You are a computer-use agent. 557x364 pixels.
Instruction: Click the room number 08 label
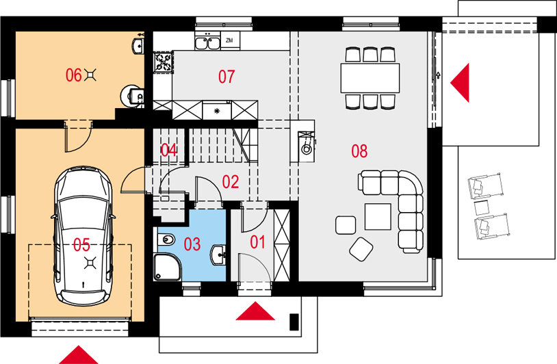(359, 151)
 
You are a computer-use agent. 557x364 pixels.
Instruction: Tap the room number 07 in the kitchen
(226, 77)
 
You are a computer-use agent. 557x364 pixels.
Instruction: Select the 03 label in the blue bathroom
(192, 244)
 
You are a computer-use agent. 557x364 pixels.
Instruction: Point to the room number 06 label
(73, 75)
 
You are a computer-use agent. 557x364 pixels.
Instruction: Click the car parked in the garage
(83, 236)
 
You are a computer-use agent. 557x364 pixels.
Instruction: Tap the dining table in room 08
(370, 78)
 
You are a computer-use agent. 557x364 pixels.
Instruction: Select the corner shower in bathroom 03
(167, 267)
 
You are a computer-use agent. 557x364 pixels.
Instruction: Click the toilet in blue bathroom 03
(166, 239)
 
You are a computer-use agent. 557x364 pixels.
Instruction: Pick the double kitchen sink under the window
(207, 43)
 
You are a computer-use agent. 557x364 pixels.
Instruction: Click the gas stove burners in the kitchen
(164, 62)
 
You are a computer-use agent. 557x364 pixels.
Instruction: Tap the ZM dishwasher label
(229, 40)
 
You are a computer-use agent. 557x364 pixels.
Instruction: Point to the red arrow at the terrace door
(460, 83)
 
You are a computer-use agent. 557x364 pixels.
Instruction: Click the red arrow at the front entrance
(255, 311)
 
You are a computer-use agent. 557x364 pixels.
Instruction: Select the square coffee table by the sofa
(378, 217)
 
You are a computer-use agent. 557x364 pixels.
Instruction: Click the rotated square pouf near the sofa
(361, 249)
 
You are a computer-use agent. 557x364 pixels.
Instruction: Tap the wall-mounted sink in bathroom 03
(218, 255)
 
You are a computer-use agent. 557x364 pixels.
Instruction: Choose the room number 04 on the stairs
(169, 151)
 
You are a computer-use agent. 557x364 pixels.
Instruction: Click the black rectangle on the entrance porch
(294, 322)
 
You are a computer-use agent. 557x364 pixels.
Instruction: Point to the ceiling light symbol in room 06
(90, 75)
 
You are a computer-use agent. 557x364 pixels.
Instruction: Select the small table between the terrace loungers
(482, 208)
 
